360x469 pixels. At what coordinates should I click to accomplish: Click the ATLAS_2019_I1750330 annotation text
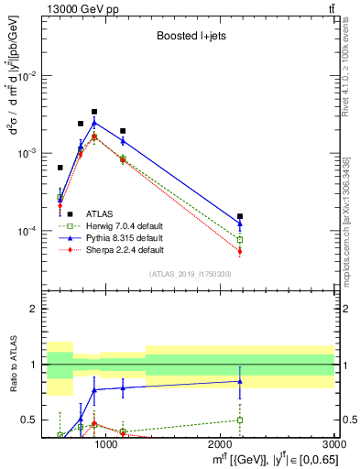(x=190, y=274)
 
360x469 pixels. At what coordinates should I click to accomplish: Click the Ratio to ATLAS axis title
(x=14, y=365)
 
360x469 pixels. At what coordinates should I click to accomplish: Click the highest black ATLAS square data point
(x=94, y=112)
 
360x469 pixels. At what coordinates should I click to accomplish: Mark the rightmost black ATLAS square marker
(x=240, y=216)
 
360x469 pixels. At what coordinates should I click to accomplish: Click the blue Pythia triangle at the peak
(x=94, y=122)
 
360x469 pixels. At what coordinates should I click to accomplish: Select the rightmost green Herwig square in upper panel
(x=240, y=240)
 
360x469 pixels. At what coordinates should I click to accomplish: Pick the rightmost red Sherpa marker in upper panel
(x=240, y=251)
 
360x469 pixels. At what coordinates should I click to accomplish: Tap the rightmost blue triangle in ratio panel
(x=240, y=381)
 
